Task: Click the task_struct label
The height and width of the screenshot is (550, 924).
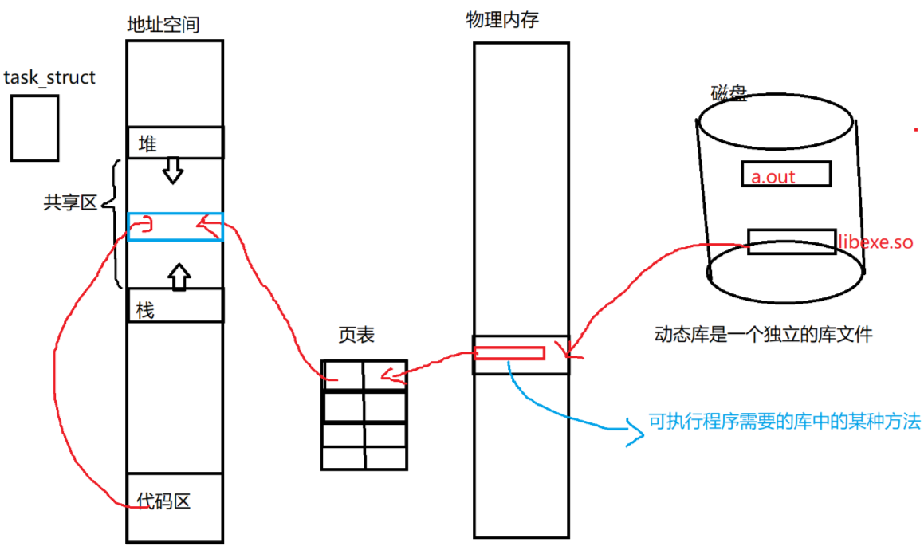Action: tap(49, 77)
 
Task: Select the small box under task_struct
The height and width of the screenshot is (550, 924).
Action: tap(35, 128)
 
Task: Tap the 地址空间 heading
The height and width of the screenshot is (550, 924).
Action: tap(163, 25)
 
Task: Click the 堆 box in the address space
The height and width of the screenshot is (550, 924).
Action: tap(175, 143)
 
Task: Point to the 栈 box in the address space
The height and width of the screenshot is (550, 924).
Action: tap(175, 305)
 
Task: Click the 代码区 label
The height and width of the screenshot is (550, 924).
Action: tap(163, 501)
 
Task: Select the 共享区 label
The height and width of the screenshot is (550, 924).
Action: tap(69, 202)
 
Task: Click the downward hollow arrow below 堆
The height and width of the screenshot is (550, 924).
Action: tap(172, 170)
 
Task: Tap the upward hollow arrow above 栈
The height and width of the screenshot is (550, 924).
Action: tap(179, 276)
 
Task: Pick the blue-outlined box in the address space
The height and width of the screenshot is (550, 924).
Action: tap(175, 226)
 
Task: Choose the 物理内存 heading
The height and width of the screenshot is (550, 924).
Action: tap(502, 20)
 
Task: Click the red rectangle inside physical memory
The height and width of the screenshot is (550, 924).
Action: tap(509, 353)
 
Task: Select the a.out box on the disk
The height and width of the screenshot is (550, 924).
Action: tap(785, 174)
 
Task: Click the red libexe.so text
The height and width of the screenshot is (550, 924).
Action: tap(875, 240)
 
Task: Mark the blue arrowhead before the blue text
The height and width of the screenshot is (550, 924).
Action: tap(635, 433)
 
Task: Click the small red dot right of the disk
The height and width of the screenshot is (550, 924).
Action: tap(916, 128)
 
